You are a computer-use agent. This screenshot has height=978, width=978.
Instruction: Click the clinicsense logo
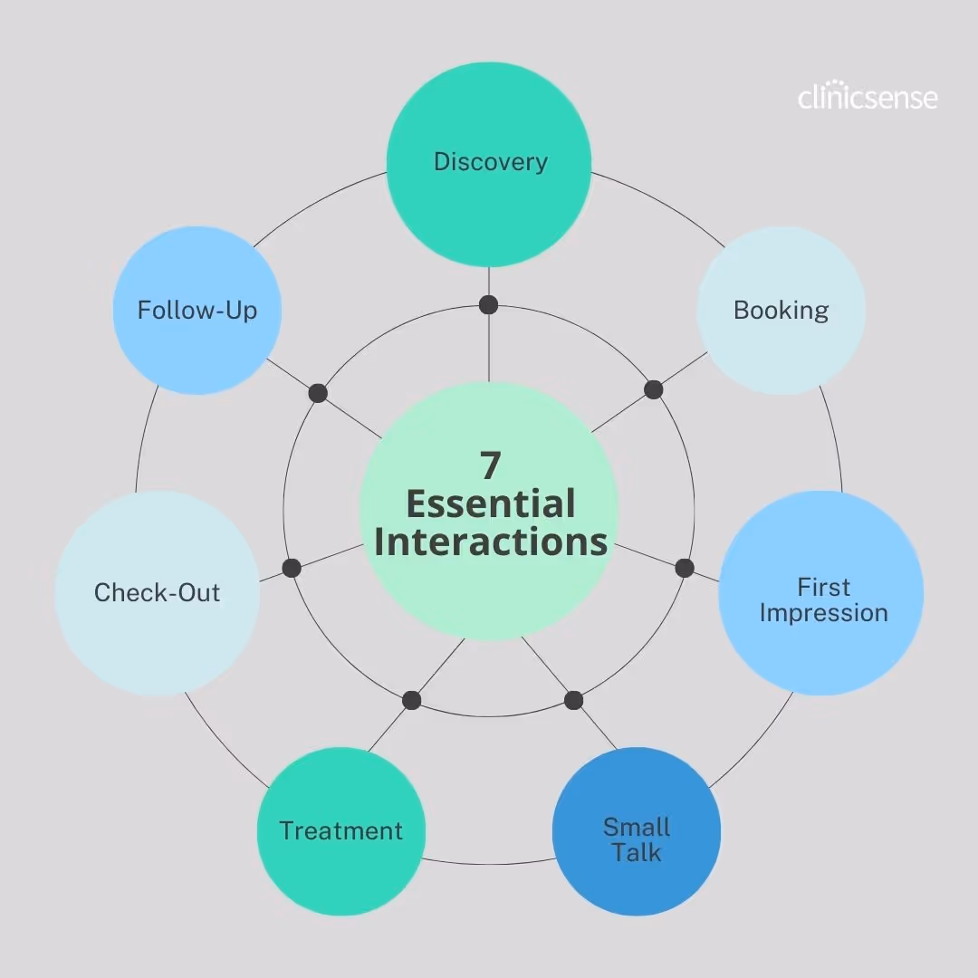[x=867, y=97]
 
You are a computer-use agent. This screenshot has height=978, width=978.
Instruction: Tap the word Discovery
[x=490, y=162]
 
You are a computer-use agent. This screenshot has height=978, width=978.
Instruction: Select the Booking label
[x=781, y=311]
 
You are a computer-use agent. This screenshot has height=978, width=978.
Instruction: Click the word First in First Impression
[x=823, y=587]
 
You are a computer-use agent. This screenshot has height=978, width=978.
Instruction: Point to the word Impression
[x=823, y=613]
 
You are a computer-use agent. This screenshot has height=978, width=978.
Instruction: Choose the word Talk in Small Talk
[x=637, y=853]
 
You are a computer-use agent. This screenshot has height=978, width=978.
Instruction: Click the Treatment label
[x=340, y=831]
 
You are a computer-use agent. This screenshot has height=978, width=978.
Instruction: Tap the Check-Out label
[x=158, y=593]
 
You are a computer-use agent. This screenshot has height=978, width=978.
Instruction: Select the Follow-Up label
[x=197, y=311]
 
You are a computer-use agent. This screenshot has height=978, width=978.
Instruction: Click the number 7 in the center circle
[x=489, y=465]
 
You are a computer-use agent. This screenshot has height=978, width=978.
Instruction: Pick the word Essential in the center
[x=490, y=504]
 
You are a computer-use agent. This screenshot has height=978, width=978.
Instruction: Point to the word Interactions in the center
[x=490, y=542]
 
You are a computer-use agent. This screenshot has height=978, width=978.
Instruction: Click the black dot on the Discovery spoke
[x=489, y=304]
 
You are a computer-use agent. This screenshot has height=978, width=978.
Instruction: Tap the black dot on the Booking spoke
[x=654, y=390]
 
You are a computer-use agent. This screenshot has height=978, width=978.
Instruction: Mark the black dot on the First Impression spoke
[x=685, y=568]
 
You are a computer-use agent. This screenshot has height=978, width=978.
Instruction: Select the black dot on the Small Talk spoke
[x=573, y=700]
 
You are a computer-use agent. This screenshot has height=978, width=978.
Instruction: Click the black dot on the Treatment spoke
[x=412, y=700]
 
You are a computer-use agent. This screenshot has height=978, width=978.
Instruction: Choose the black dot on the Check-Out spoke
[x=292, y=568]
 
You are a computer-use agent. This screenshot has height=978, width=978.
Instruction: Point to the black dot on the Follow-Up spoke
[x=318, y=393]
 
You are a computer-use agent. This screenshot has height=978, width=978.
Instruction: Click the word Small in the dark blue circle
[x=637, y=827]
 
